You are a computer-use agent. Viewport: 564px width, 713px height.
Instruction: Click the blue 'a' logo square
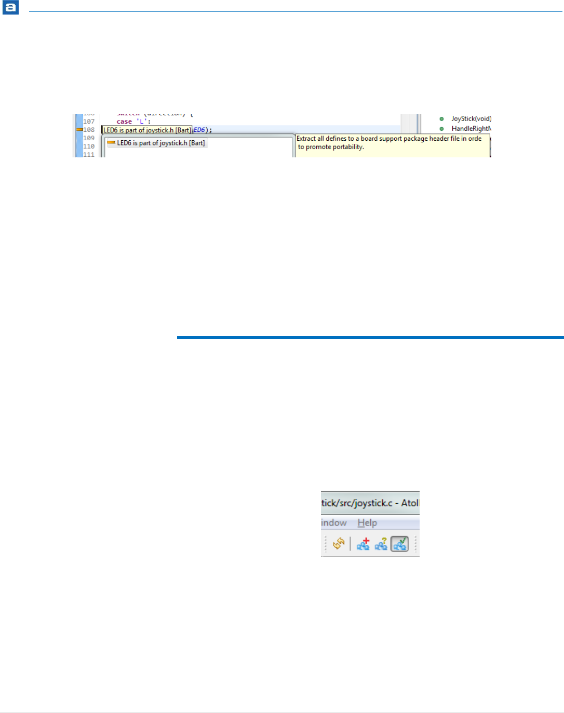pos(10,8)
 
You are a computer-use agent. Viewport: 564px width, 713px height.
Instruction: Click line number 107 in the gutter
pos(89,122)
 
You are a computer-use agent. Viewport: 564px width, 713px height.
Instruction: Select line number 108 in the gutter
pos(89,130)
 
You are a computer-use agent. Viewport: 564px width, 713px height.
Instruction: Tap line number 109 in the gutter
pos(89,138)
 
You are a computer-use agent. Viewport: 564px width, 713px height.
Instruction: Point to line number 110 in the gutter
pos(89,146)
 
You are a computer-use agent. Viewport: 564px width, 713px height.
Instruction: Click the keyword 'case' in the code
pos(124,122)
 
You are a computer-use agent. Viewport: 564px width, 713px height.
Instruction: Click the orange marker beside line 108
pos(79,129)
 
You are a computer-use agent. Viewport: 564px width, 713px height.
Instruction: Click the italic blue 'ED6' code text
pos(199,130)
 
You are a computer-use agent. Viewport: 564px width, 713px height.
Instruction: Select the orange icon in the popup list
pos(111,142)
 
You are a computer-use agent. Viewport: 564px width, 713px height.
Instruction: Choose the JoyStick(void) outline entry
pos(471,119)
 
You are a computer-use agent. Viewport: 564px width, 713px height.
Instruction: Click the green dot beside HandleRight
pos(441,129)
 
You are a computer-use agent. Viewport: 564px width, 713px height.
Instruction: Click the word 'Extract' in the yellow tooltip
pos(306,139)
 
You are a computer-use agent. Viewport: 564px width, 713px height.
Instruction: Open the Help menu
pos(367,523)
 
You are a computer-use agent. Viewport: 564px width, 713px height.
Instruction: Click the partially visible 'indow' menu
pos(334,523)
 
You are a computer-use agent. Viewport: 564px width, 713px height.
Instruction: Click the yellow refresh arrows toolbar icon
pos(339,544)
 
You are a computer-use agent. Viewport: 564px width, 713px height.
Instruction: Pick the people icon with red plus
pos(363,544)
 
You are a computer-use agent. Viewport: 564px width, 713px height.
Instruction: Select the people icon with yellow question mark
pos(381,544)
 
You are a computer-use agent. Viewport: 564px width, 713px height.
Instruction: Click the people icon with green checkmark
pos(399,544)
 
